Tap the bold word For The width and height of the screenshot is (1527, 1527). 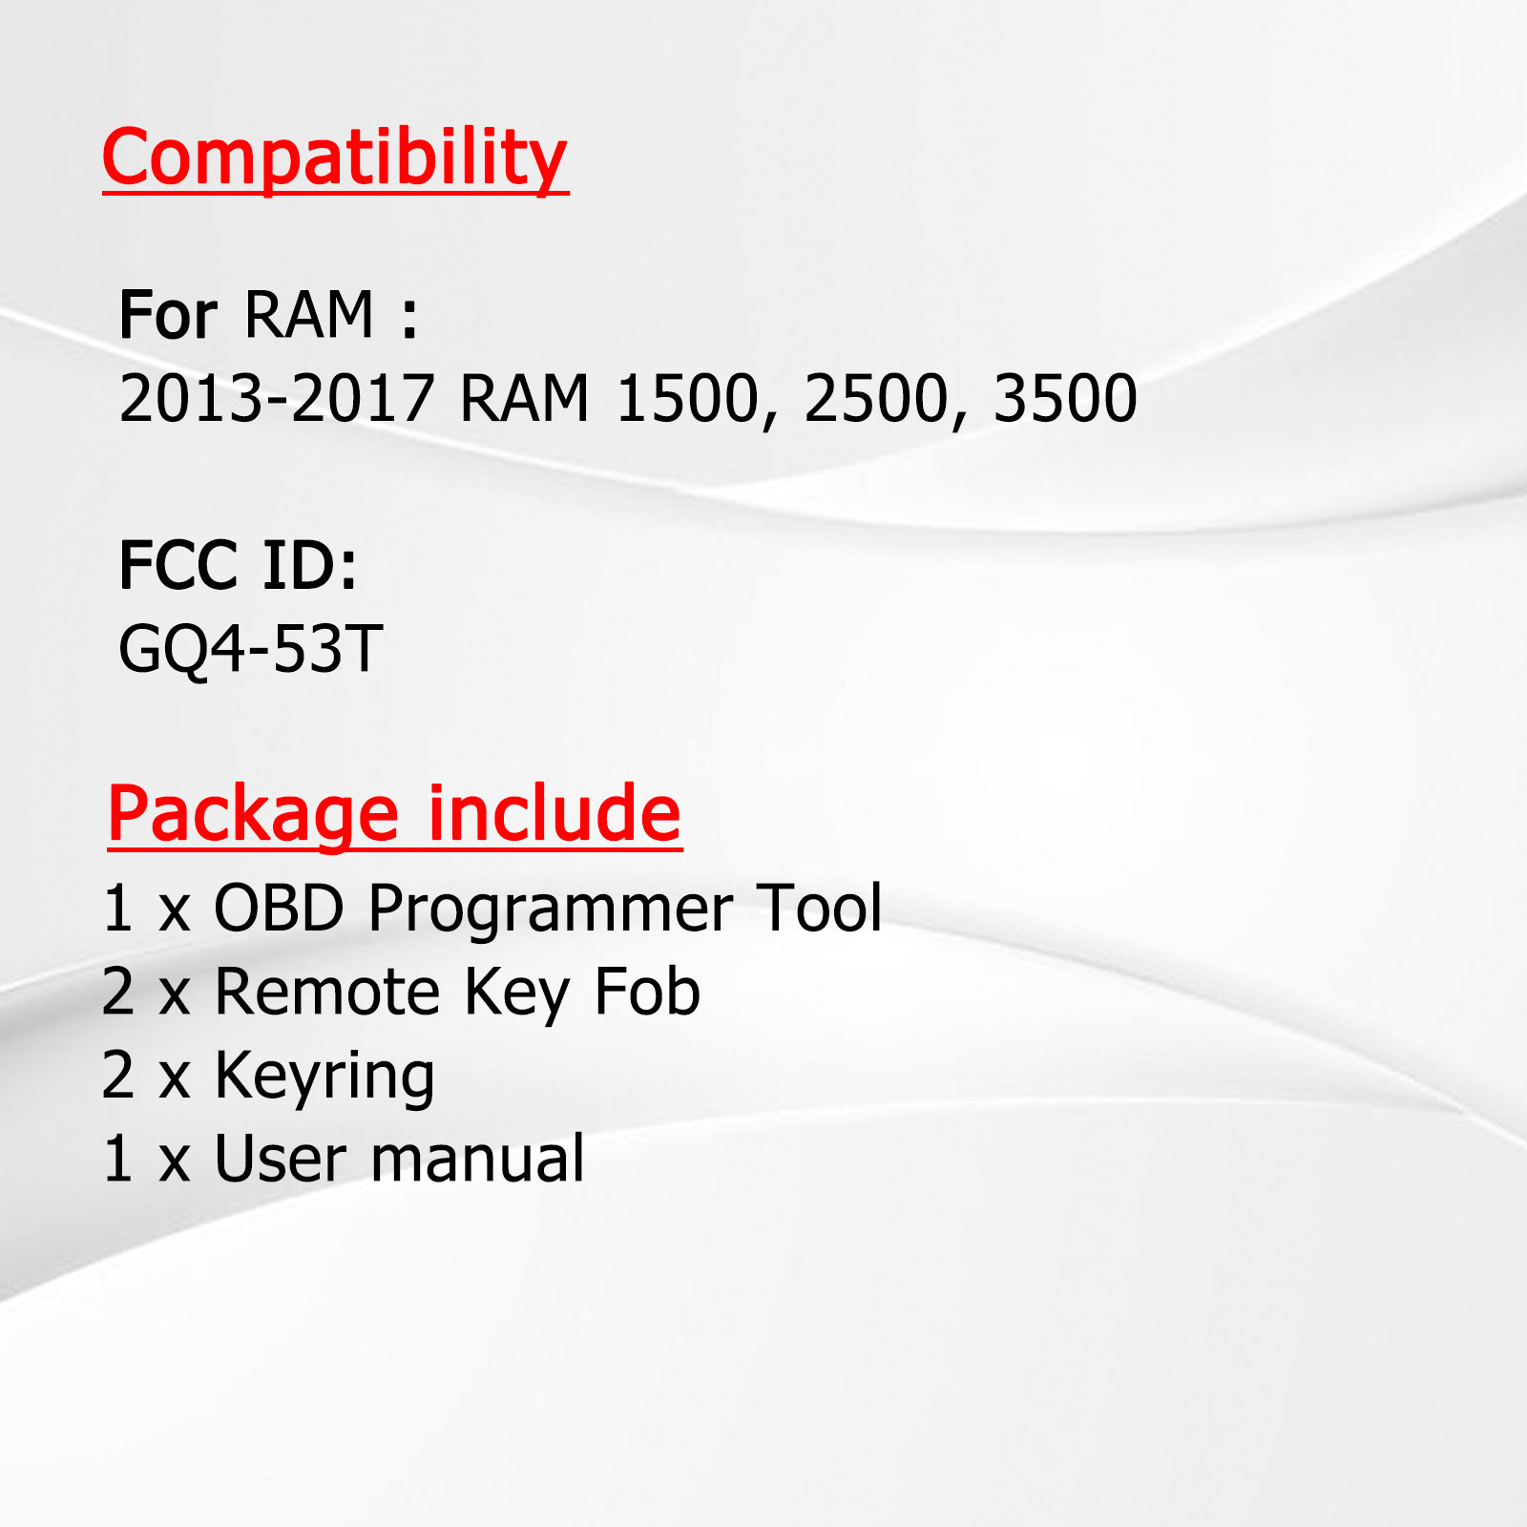168,315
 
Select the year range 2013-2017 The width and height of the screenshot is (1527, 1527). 277,398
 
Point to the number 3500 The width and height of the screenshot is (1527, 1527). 1065,398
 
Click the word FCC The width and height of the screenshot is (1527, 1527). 178,565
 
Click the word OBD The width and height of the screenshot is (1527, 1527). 278,908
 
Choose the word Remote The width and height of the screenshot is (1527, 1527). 327,992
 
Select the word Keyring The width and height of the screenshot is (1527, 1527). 324,1077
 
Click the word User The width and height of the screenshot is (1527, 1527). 281,1160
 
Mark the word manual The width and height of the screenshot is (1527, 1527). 477,1159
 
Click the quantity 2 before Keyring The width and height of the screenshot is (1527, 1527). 118,1076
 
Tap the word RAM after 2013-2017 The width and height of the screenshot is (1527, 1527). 525,398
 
